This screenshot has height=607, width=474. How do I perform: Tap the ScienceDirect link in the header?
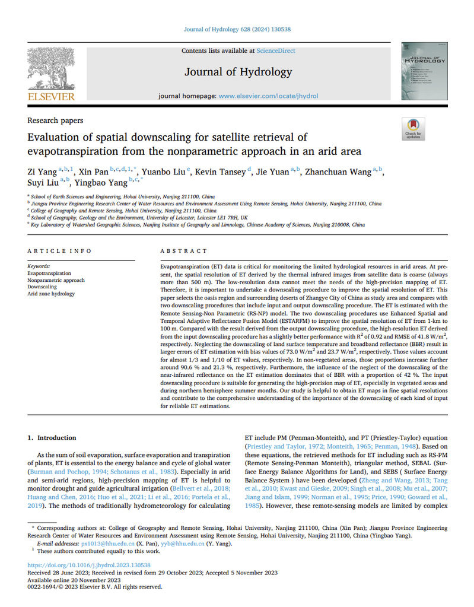coord(275,52)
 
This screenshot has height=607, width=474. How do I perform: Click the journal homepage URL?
coord(268,96)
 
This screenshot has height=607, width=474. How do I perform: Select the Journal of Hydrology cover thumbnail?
coord(424,71)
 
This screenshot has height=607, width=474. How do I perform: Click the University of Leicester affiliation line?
coord(148,218)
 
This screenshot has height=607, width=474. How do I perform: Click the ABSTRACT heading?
coord(184,252)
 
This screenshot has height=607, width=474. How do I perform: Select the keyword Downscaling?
coord(42,287)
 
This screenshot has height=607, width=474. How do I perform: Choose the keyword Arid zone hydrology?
coord(51,294)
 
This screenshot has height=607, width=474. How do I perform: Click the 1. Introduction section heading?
coord(52,438)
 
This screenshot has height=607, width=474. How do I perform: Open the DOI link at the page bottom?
coord(89,565)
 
